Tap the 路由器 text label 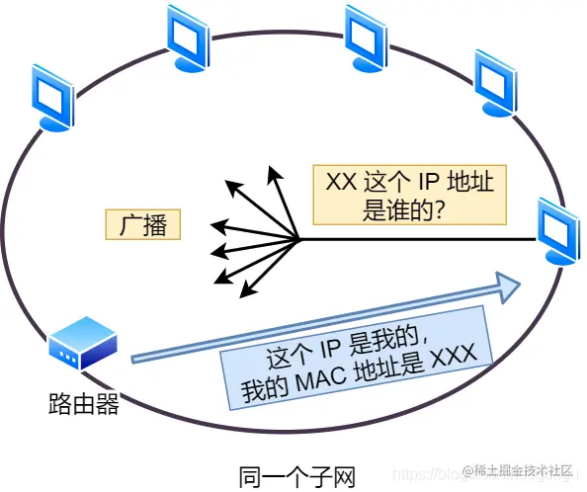coord(84,402)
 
